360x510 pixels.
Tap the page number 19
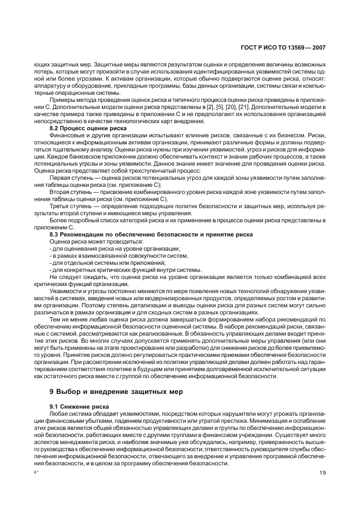pos(322,472)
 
